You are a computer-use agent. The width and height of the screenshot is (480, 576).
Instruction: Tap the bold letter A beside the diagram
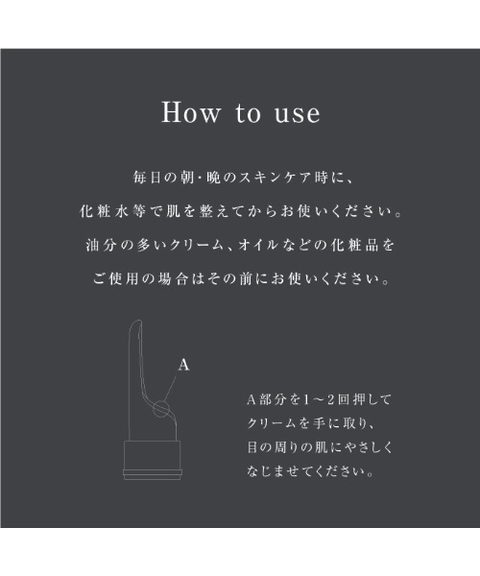click(x=183, y=366)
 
